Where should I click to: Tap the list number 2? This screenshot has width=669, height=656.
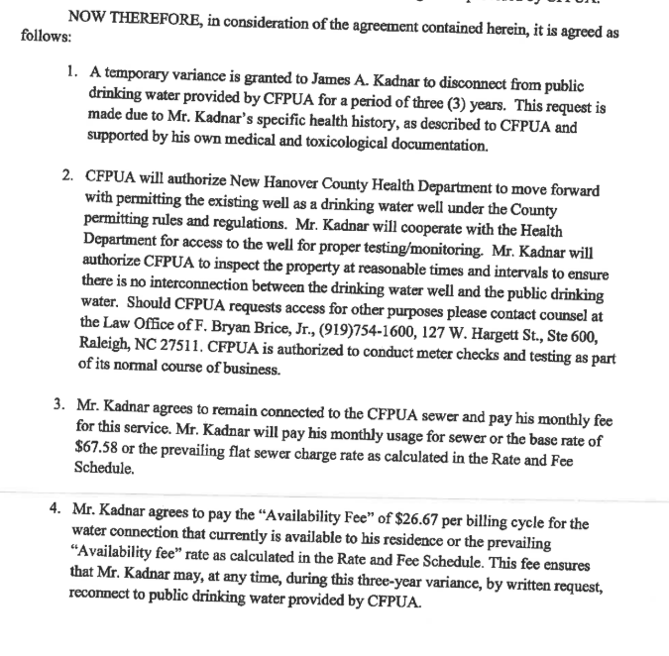point(66,173)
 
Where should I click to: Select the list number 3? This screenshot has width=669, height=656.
point(58,404)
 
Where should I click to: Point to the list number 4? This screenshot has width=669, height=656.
point(57,507)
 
